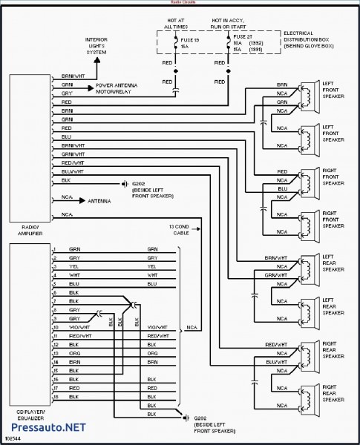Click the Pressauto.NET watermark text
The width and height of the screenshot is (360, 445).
(x=44, y=428)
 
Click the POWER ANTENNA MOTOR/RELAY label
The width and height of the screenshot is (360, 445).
(x=122, y=90)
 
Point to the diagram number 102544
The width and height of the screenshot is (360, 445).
(x=13, y=439)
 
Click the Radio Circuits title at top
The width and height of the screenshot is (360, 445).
(x=180, y=4)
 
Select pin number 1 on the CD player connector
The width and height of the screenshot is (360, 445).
(x=54, y=248)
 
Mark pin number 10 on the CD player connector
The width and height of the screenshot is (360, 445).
(x=54, y=327)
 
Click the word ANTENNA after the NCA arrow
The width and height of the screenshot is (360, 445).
(x=99, y=201)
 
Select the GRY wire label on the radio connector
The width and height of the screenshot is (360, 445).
(x=68, y=95)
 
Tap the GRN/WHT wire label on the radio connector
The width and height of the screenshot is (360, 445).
(x=70, y=154)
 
